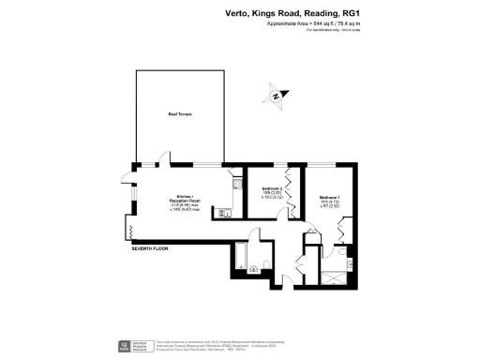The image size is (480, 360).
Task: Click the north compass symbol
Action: pyautogui.click(x=276, y=95)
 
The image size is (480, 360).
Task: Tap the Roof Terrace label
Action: pyautogui.click(x=179, y=114)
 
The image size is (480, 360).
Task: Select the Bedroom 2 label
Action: pyautogui.click(x=273, y=189)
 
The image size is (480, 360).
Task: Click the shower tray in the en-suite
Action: pyautogui.click(x=332, y=276)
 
